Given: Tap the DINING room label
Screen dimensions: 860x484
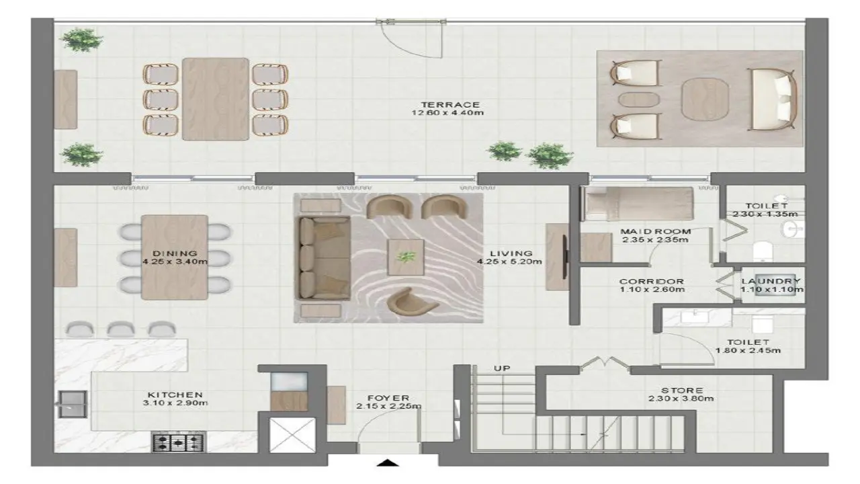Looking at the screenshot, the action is tap(175, 253).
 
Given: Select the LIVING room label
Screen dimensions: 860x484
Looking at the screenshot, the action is tap(511, 253).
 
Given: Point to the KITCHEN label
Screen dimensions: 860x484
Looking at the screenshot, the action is tap(175, 395).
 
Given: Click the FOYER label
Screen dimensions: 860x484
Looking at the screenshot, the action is tap(388, 399).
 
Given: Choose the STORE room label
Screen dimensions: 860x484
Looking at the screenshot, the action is tap(682, 391).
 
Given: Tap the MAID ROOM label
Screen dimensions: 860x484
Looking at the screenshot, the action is tap(656, 232).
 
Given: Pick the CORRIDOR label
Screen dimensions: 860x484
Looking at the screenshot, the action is tap(652, 282).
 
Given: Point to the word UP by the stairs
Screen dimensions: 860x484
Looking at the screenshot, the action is tap(502, 368).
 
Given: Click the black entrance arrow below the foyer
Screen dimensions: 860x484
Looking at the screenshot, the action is tap(388, 463).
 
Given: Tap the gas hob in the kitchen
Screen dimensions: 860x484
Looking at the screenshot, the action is tap(179, 442).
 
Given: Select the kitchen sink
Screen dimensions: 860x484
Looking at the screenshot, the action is tap(72, 404).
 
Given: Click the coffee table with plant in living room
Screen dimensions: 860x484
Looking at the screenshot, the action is tap(406, 257).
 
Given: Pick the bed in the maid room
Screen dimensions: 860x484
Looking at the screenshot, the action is tap(638, 204).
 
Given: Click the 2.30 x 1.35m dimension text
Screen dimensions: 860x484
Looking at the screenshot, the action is tap(765, 214).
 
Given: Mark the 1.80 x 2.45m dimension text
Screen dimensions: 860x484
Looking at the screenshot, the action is tap(748, 350).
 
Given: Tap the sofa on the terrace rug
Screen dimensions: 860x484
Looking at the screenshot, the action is tap(773, 99).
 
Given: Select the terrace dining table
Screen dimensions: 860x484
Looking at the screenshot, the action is tap(216, 99).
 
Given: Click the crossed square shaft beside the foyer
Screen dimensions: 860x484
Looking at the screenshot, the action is tap(292, 435).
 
